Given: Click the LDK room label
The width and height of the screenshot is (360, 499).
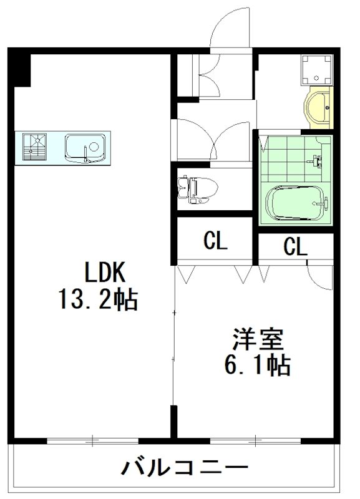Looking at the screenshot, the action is point(105,272).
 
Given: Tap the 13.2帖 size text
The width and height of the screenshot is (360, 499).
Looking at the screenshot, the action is point(98,299).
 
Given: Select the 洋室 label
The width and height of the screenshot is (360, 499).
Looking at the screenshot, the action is point(258,339).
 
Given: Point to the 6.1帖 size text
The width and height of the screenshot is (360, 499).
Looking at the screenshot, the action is point(257,366).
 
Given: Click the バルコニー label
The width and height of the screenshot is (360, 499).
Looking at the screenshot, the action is point(185,467).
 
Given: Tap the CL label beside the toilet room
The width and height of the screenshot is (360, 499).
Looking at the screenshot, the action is point(215,241).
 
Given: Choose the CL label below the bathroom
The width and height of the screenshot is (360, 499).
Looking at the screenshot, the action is point(296,246).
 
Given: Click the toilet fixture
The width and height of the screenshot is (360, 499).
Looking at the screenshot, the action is point(197,190).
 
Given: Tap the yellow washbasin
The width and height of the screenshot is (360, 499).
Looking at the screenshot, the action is point(318,107).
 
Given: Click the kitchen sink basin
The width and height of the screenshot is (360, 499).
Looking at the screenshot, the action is point(85,148).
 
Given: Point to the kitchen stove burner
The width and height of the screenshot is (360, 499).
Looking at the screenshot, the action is point(35,147).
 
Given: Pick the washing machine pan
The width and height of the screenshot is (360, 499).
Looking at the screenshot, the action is point(317,70).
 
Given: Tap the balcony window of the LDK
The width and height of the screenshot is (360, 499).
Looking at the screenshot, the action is point(92,441).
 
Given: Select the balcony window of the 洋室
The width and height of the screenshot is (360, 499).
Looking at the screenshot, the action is point(256,441).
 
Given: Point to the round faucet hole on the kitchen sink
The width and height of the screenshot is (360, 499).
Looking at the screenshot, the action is point(94,147).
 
